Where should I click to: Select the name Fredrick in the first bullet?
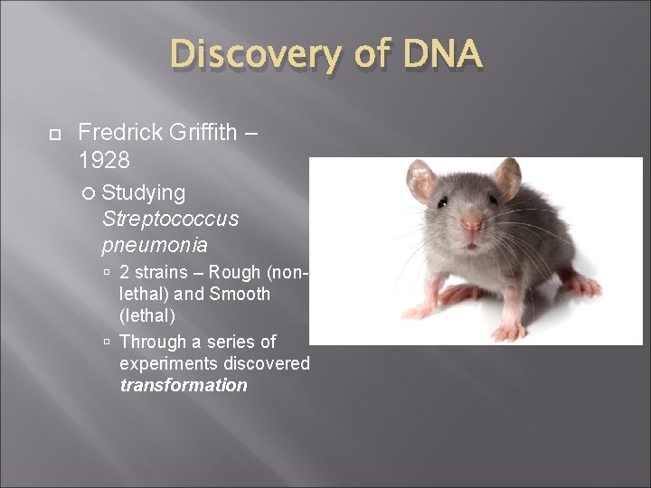point(119,132)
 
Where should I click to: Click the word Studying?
point(144,192)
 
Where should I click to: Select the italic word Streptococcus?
point(170,219)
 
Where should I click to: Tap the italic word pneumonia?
point(155,245)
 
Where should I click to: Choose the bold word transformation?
point(183,385)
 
